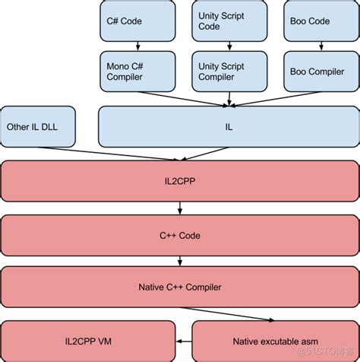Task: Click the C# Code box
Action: click(129, 21)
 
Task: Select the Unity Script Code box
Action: click(222, 21)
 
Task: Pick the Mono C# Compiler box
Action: click(129, 71)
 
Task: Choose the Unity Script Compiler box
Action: click(222, 71)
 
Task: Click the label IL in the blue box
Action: click(227, 126)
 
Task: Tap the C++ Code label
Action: click(179, 236)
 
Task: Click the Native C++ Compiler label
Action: click(179, 287)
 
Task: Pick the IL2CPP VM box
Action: click(88, 340)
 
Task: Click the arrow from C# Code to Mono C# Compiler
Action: click(129, 46)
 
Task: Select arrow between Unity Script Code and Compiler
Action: click(222, 46)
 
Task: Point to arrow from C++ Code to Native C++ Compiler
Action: click(179, 262)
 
